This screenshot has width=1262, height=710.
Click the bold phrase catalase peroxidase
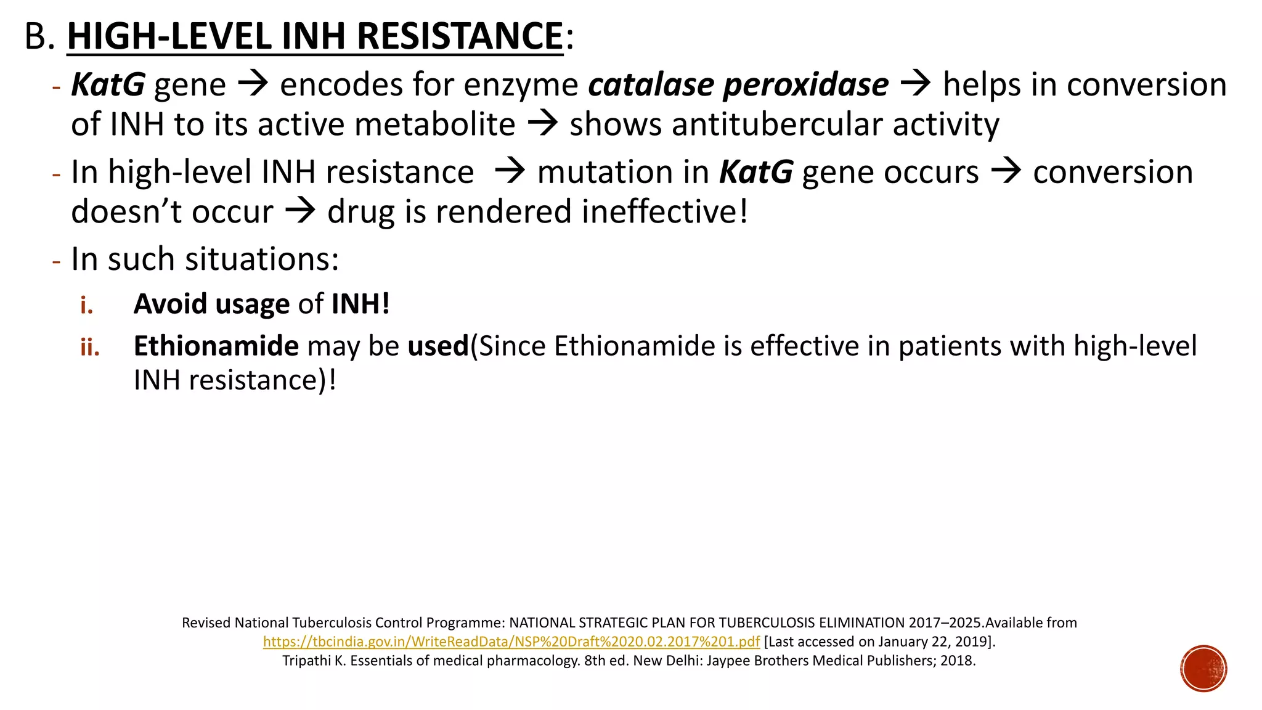(738, 84)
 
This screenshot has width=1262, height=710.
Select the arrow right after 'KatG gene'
(253, 84)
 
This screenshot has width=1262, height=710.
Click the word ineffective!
(664, 212)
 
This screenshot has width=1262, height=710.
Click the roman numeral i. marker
(86, 304)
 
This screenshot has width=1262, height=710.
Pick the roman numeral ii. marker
(89, 347)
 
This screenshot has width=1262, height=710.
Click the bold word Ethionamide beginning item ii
(216, 346)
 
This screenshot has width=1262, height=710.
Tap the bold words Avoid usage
(211, 304)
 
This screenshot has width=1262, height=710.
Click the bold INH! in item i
(360, 304)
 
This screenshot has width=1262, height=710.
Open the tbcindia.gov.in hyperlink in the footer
(511, 642)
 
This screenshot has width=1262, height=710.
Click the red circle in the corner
(1203, 669)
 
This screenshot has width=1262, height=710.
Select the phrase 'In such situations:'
(205, 259)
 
